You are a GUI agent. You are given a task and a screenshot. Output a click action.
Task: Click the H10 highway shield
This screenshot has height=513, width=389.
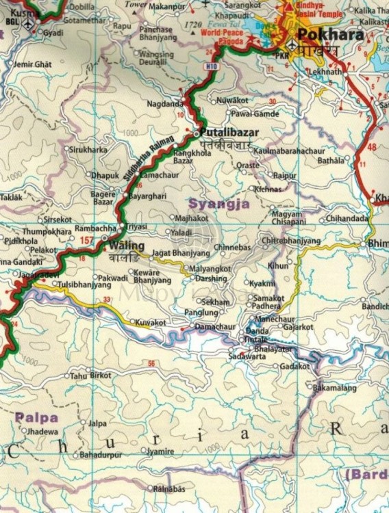pos(211,67)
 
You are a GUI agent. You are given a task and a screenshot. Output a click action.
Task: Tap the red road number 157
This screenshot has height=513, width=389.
pos(86,240)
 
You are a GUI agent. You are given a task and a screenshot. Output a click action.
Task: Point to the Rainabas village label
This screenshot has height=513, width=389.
pos(169,488)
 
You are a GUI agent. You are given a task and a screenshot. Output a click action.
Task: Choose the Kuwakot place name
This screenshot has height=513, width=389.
pos(151,321)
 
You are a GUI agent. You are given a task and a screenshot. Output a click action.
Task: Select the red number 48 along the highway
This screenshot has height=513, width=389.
pos(372,147)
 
